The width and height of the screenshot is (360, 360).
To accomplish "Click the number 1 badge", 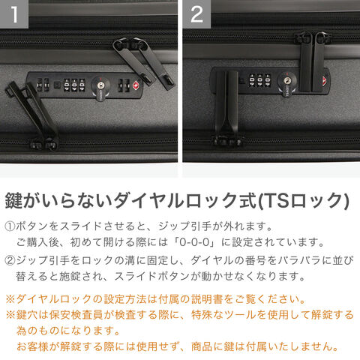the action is tap(14, 14).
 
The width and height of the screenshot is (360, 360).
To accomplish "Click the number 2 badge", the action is tap(196, 14).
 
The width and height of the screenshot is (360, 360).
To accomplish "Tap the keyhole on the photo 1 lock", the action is tap(100, 85).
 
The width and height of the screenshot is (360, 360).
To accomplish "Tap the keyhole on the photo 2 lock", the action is tap(286, 80).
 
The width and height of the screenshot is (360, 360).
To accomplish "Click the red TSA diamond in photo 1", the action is tap(136, 85).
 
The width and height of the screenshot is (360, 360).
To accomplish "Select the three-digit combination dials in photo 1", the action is tap(74, 85).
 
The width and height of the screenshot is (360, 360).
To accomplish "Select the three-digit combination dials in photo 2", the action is tap(259, 80).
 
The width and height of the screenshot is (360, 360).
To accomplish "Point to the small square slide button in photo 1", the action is tap(57, 85).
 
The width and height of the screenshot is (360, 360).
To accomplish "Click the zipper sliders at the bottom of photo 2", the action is tap(227, 140).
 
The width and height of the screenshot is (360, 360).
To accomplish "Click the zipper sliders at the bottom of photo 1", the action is tap(44, 145).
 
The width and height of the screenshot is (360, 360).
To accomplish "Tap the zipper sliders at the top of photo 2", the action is tap(313, 37).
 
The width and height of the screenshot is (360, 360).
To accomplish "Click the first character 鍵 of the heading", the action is tap(14, 201).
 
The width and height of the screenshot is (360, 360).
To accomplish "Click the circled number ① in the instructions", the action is tap(10, 226).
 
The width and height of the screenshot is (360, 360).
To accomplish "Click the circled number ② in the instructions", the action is tap(10, 260).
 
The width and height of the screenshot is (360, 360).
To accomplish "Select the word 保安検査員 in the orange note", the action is tap(76, 315).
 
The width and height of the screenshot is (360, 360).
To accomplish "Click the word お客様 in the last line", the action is tap(32, 346).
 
